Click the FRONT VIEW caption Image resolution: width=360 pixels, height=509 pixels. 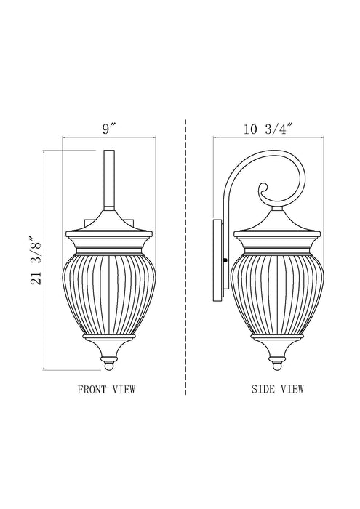pos(106,390)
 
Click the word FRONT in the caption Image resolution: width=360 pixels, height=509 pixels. pos(91,390)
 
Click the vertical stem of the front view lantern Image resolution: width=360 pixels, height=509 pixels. pos(111,182)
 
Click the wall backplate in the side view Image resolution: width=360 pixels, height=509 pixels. pos(218,262)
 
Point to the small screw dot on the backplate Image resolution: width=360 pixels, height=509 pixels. pos(227,259)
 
